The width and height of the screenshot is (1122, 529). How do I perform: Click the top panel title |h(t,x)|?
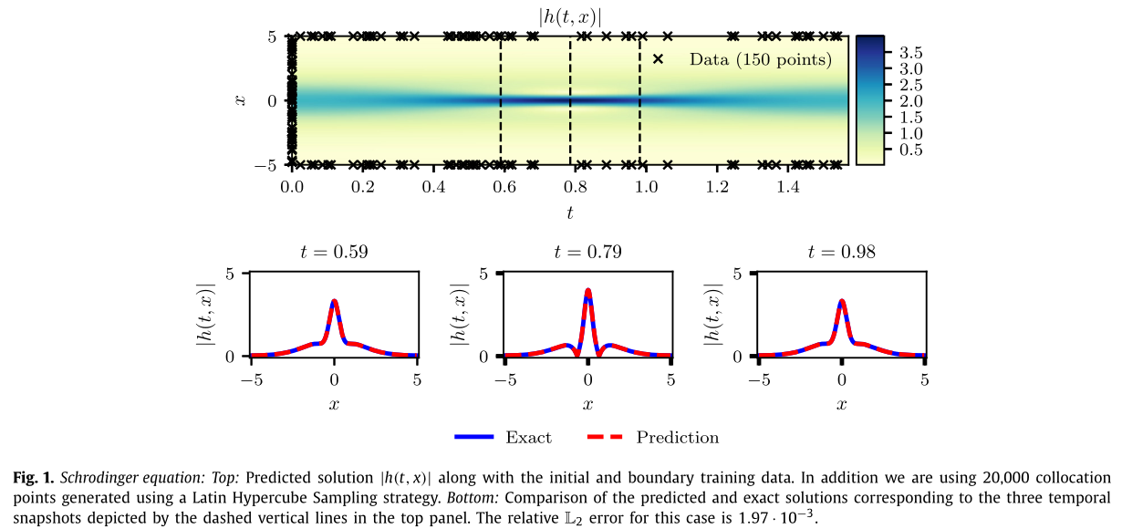[x=570, y=17]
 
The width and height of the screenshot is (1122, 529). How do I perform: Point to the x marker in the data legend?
[x=658, y=59]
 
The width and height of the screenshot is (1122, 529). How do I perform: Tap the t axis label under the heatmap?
[x=570, y=212]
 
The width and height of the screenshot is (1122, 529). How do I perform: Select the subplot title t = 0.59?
[x=334, y=252]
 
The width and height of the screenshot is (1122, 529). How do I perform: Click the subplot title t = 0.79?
[x=588, y=252]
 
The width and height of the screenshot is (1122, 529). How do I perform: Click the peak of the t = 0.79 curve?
[x=588, y=291]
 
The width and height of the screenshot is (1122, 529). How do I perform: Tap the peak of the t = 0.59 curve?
[x=334, y=300]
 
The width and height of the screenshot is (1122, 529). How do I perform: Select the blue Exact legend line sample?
[x=473, y=438]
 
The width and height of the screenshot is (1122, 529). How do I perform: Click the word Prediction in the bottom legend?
[x=677, y=438]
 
